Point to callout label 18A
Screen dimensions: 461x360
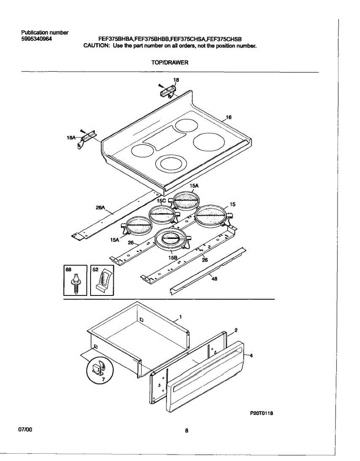point(72,137)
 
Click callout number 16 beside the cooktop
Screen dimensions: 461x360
point(229,118)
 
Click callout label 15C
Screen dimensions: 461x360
point(161,201)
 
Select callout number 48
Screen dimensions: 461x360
point(215,279)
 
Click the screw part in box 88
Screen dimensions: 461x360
point(76,284)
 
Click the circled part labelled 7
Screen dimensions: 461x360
point(97,371)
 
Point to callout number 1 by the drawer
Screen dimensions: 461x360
point(180,317)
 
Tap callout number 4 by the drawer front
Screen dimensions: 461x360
point(251,356)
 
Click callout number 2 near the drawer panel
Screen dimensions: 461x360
point(236,330)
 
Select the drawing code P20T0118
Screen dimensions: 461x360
point(263,413)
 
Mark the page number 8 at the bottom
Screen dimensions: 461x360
point(187,431)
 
